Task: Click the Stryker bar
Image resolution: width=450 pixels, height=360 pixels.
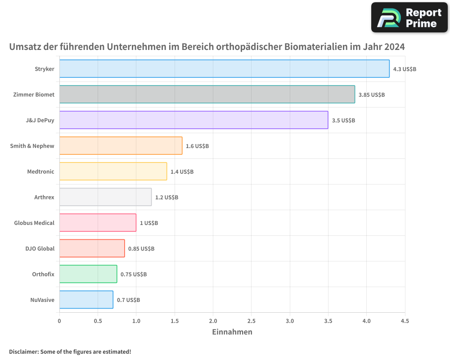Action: click(x=224, y=69)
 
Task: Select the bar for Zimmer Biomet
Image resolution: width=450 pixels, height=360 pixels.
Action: click(x=207, y=94)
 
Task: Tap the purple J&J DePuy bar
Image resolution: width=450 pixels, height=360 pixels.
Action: click(x=193, y=120)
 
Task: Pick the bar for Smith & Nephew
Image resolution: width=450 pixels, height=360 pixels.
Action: click(x=121, y=146)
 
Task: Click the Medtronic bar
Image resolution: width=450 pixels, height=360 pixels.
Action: click(x=113, y=171)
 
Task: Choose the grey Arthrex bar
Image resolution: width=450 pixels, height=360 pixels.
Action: click(x=105, y=197)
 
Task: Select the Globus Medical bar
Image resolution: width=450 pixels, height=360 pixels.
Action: click(x=98, y=223)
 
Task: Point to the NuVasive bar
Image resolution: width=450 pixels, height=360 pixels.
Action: click(x=86, y=300)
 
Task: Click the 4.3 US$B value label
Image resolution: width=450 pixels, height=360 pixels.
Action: click(x=405, y=69)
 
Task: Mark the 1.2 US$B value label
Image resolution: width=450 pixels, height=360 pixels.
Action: click(x=166, y=197)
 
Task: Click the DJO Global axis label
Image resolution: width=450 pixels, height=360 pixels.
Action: click(x=40, y=248)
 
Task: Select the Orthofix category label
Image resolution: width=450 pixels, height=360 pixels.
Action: click(x=43, y=274)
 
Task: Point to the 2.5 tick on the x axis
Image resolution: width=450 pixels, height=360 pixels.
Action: click(x=251, y=321)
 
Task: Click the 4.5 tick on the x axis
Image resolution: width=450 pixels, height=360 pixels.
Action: click(x=405, y=321)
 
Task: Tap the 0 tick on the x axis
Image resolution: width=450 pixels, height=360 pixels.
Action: click(x=59, y=321)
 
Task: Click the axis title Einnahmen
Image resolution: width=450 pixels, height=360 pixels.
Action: click(x=232, y=332)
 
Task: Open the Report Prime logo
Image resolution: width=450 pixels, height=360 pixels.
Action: click(x=409, y=18)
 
